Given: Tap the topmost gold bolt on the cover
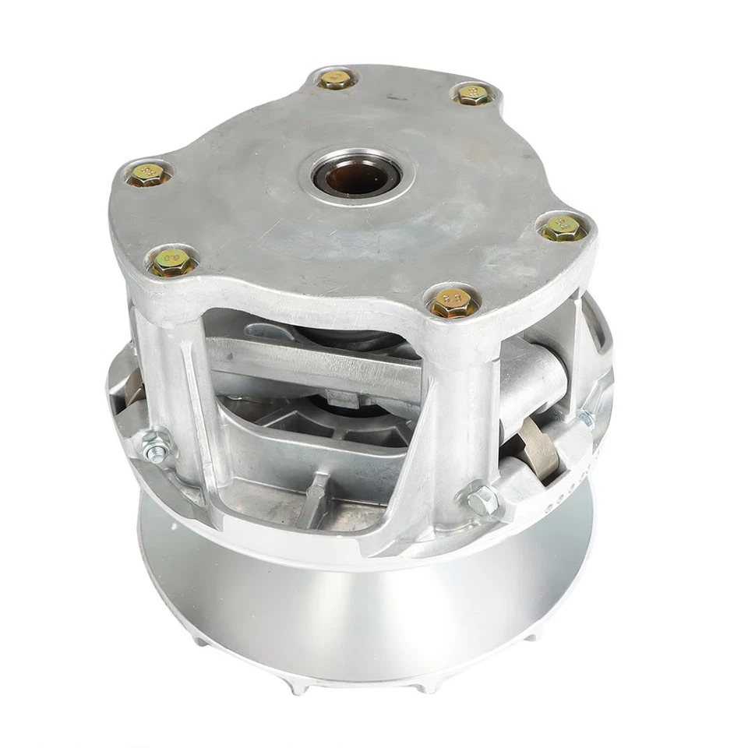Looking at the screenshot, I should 337,79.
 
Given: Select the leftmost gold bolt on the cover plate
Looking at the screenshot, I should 148,175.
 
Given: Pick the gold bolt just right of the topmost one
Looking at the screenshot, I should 473,95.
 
